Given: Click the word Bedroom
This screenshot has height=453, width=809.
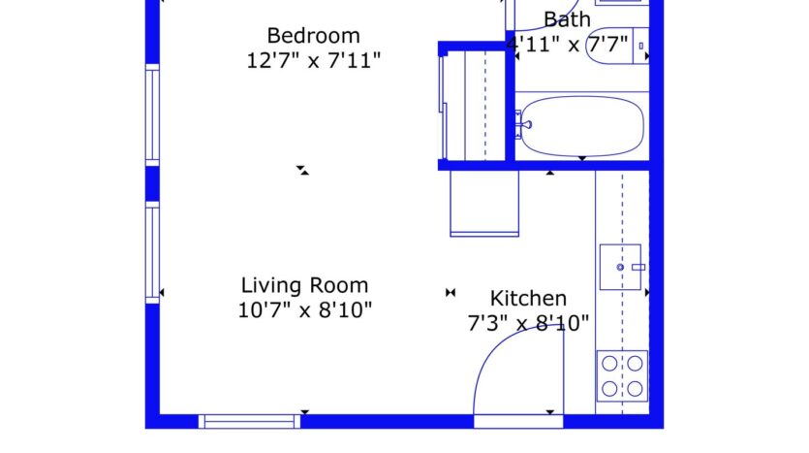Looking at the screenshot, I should point(299,36).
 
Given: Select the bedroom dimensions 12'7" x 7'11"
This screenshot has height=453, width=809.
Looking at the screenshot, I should point(313,60).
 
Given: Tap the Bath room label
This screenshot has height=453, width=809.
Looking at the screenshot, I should point(567,19).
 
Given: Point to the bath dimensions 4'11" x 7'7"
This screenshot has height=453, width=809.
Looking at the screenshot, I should point(568,44).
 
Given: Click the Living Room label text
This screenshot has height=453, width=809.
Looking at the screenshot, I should point(304,285).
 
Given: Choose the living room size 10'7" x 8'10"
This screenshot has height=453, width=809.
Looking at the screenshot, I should point(305,310).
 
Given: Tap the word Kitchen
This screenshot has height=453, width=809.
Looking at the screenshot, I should point(528,298).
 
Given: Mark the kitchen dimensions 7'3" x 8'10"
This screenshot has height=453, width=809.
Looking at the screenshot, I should point(528,323).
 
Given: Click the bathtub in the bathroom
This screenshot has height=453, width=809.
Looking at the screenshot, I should point(580,126).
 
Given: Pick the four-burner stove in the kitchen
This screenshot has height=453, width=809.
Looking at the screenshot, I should point(622,375).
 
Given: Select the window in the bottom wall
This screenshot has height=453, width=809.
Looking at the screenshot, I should point(249,421).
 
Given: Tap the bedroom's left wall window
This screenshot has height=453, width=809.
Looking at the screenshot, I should point(152,114).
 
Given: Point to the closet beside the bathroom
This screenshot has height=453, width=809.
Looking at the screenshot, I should point(474,105).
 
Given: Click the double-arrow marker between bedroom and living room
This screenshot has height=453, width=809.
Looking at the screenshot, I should point(303,170).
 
